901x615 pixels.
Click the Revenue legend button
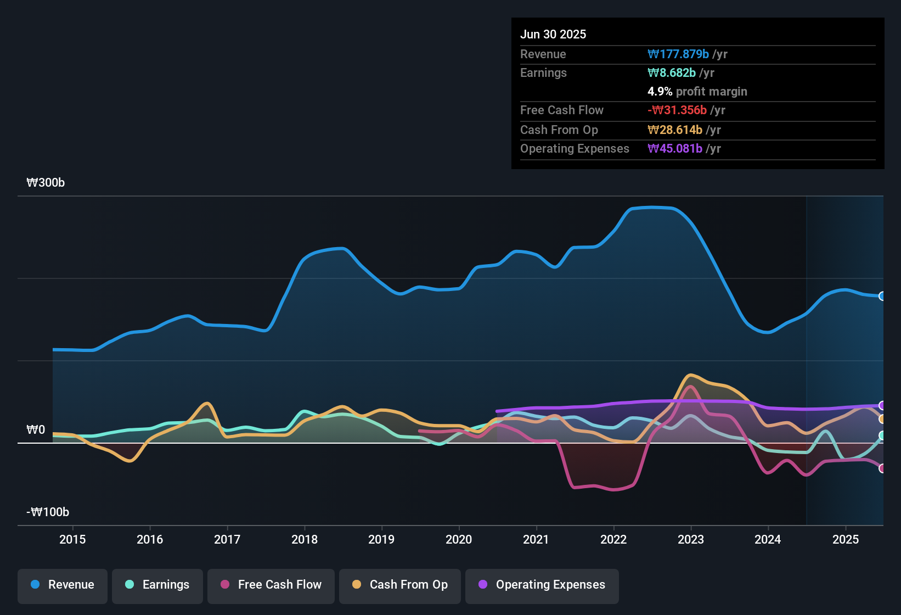62,585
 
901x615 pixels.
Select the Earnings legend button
157,585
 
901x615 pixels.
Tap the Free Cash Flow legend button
271,585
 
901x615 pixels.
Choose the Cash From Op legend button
399,585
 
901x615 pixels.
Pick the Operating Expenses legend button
542,585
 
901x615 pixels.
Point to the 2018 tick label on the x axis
304,539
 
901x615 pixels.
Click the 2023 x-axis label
690,539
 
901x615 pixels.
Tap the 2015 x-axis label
72,539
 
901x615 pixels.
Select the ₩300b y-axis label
46,183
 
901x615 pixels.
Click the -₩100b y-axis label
48,512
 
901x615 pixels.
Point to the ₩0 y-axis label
36,430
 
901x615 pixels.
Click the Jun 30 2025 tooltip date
553,34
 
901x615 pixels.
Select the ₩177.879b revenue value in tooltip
678,54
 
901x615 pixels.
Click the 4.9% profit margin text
697,91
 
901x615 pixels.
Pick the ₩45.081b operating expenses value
674,148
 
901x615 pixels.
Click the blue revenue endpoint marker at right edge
882,296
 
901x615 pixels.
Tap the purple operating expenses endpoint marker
882,405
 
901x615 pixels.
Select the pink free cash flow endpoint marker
882,468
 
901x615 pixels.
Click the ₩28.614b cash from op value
674,130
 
